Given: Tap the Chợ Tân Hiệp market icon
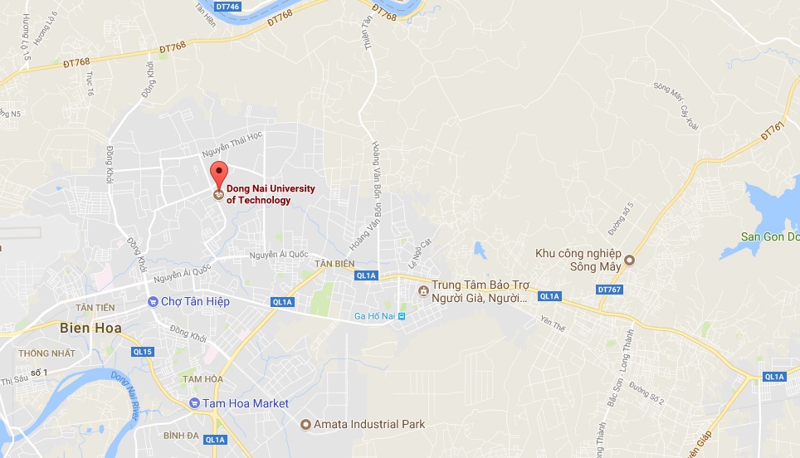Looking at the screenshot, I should (x=152, y=301).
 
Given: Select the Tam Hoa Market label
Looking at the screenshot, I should (x=246, y=403).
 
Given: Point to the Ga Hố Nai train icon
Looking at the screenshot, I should (x=402, y=316).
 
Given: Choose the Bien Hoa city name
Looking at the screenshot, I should (x=90, y=328).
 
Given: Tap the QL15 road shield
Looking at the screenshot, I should (x=143, y=352).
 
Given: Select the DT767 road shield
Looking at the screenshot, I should (x=608, y=290).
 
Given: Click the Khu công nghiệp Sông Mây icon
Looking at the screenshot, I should (x=629, y=260).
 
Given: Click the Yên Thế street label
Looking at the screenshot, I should (x=552, y=322).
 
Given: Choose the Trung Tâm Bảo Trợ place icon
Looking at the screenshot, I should (x=423, y=291).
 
